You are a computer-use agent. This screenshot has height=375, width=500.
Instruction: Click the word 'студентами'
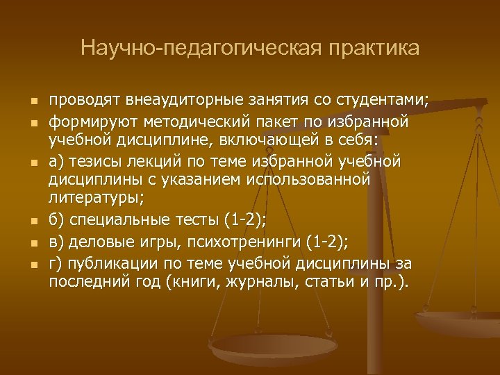coord(385,101)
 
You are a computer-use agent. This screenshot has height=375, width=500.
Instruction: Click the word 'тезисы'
coord(95,162)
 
